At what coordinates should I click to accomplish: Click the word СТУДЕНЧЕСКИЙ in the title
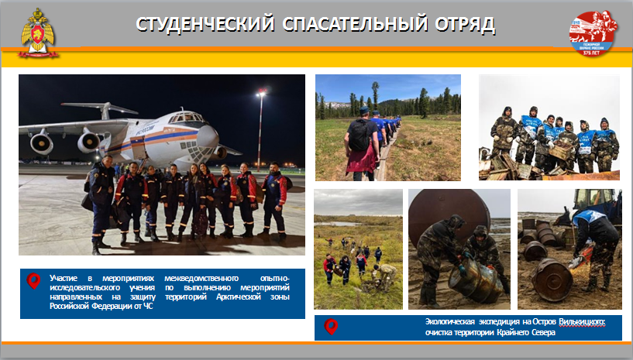pyautogui.click(x=205, y=24)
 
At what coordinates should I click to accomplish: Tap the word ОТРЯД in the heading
pyautogui.click(x=465, y=24)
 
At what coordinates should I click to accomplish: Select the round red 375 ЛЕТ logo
pyautogui.click(x=593, y=33)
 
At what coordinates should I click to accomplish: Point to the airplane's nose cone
pyautogui.click(x=208, y=136)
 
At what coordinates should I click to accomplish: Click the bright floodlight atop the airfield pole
pyautogui.click(x=261, y=94)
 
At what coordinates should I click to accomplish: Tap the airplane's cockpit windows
pyautogui.click(x=187, y=118)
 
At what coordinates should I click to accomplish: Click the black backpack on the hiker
pyautogui.click(x=359, y=135)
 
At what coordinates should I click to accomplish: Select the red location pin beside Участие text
pyautogui.click(x=33, y=281)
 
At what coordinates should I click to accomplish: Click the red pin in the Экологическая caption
pyautogui.click(x=331, y=327)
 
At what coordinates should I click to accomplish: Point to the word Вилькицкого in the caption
pyautogui.click(x=582, y=322)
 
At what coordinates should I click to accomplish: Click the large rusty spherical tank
pyautogui.click(x=449, y=213)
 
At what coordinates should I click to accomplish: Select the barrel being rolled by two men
pyautogui.click(x=476, y=280)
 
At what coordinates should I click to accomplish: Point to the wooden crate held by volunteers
pyautogui.click(x=560, y=151)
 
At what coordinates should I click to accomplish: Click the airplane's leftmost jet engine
pyautogui.click(x=41, y=143)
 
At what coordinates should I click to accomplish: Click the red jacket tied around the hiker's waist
pyautogui.click(x=360, y=160)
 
